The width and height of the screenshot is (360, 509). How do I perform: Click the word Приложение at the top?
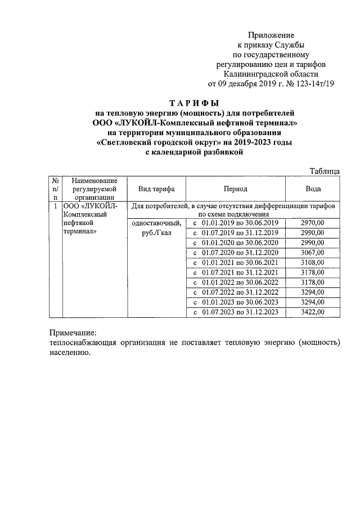pos(272,35)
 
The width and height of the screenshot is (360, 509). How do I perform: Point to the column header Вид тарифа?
pos(149,189)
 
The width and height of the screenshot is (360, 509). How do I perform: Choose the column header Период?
pos(235,189)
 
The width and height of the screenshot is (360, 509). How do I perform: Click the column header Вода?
pos(313,189)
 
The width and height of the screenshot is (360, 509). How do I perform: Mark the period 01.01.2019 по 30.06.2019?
pos(240,223)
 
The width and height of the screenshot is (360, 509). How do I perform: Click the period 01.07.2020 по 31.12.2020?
pos(240,253)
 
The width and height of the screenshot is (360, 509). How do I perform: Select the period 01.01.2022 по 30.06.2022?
pos(240,282)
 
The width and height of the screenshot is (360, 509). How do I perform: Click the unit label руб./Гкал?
pos(159,233)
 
